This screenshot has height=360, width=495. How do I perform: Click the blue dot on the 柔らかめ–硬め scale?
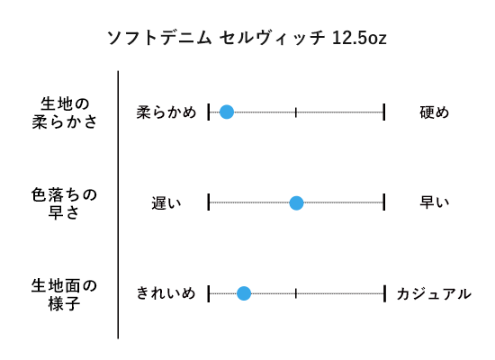pos(227,112)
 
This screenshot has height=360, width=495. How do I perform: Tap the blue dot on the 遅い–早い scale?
pos(296,202)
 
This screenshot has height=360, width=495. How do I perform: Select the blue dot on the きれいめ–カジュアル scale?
pos(244,293)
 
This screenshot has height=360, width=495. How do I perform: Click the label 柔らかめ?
pos(166,112)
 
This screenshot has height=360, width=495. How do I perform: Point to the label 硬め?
pos(435,112)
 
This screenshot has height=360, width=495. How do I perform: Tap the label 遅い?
pos(166,203)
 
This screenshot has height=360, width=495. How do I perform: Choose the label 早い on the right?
pos(435,202)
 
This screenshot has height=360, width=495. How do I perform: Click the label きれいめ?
pos(166,293)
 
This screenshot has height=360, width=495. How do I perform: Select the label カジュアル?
pos(434,294)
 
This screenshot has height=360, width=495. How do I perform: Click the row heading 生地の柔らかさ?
pos(65,112)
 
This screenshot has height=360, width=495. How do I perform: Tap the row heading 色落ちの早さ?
pos(64,203)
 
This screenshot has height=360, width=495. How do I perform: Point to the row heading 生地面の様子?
pos(64,294)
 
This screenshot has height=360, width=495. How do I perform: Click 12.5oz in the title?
pos(359,38)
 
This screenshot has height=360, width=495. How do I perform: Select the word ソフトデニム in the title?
pos(159,38)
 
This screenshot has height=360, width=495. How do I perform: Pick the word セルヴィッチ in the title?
pos(272,38)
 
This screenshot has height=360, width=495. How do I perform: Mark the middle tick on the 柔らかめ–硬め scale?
pos(296,112)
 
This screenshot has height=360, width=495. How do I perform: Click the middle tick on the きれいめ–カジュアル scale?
pos(296,293)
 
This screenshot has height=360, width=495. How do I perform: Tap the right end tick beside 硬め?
pos(384,112)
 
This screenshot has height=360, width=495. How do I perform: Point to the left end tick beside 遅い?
pos(209,202)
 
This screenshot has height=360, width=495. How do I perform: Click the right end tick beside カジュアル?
pos(384,293)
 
